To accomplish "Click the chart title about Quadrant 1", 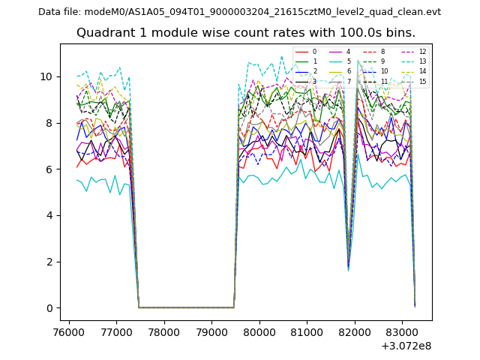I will (245, 33).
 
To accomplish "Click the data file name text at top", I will (239, 11).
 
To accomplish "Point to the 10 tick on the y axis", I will (46, 76).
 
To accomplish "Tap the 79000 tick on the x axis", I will (211, 331).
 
